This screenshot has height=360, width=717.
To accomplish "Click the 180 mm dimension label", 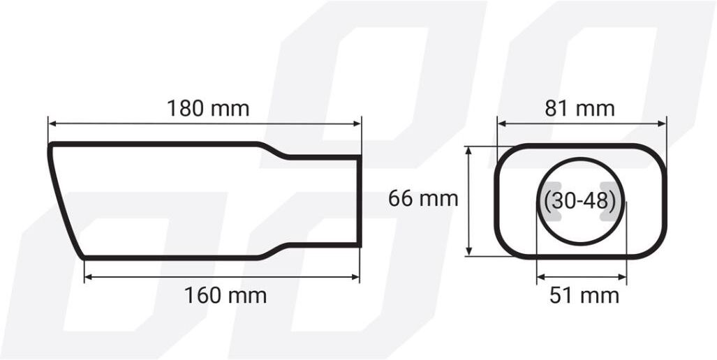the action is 208,109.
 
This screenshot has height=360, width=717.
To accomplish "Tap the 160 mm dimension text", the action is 225,295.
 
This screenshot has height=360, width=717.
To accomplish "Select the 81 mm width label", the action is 580,109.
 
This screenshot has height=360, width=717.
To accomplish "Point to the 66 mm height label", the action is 423,199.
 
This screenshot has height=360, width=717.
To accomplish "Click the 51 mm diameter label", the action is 584,296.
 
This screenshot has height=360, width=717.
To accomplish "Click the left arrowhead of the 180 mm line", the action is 52,123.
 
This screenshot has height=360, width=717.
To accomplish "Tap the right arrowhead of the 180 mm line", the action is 357,123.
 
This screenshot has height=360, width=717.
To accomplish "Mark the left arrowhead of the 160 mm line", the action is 89,277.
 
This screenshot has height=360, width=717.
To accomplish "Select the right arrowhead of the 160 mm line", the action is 355,277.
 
